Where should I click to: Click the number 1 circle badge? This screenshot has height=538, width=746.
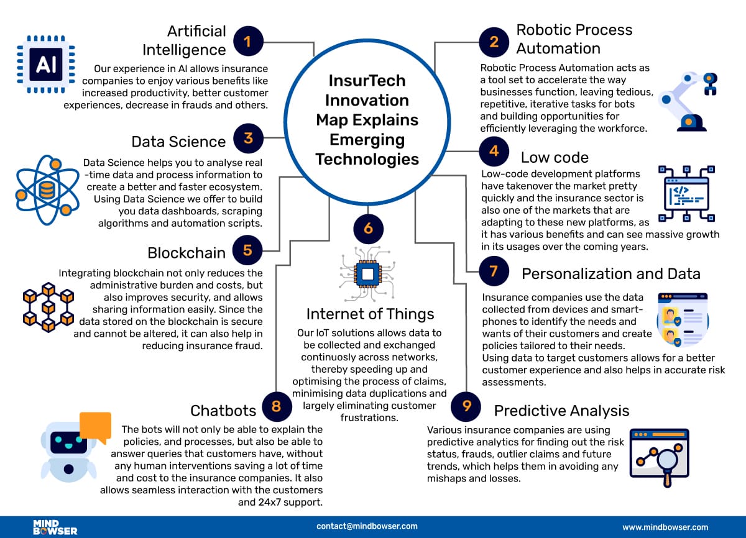point(247,42)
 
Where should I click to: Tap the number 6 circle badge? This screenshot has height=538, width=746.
point(368,229)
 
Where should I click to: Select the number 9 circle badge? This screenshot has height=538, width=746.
point(466,406)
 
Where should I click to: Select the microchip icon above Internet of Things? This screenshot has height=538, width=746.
point(367,273)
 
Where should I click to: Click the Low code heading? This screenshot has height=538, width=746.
point(555,157)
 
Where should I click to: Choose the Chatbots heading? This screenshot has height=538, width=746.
point(223,410)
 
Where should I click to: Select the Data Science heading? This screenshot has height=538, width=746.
point(178,141)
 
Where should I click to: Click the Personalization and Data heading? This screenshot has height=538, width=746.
point(610,273)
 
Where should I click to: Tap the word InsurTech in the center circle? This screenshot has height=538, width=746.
point(367,81)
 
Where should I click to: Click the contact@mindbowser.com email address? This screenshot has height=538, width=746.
point(367,526)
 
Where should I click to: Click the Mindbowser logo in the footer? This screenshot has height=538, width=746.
point(55,527)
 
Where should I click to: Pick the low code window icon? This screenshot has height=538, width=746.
point(684,193)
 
